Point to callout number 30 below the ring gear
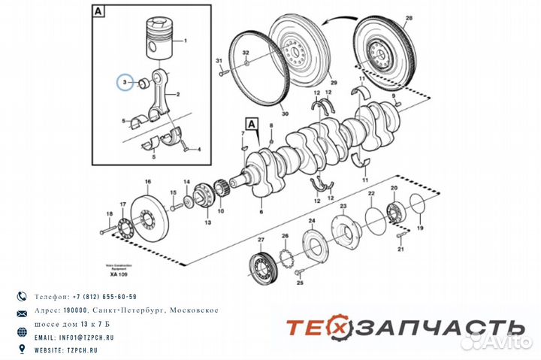(284, 114)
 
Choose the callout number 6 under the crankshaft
(261, 213)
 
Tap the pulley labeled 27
(262, 267)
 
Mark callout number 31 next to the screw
(219, 60)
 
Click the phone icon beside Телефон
(23, 297)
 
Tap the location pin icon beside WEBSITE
(23, 349)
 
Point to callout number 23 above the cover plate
(343, 206)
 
